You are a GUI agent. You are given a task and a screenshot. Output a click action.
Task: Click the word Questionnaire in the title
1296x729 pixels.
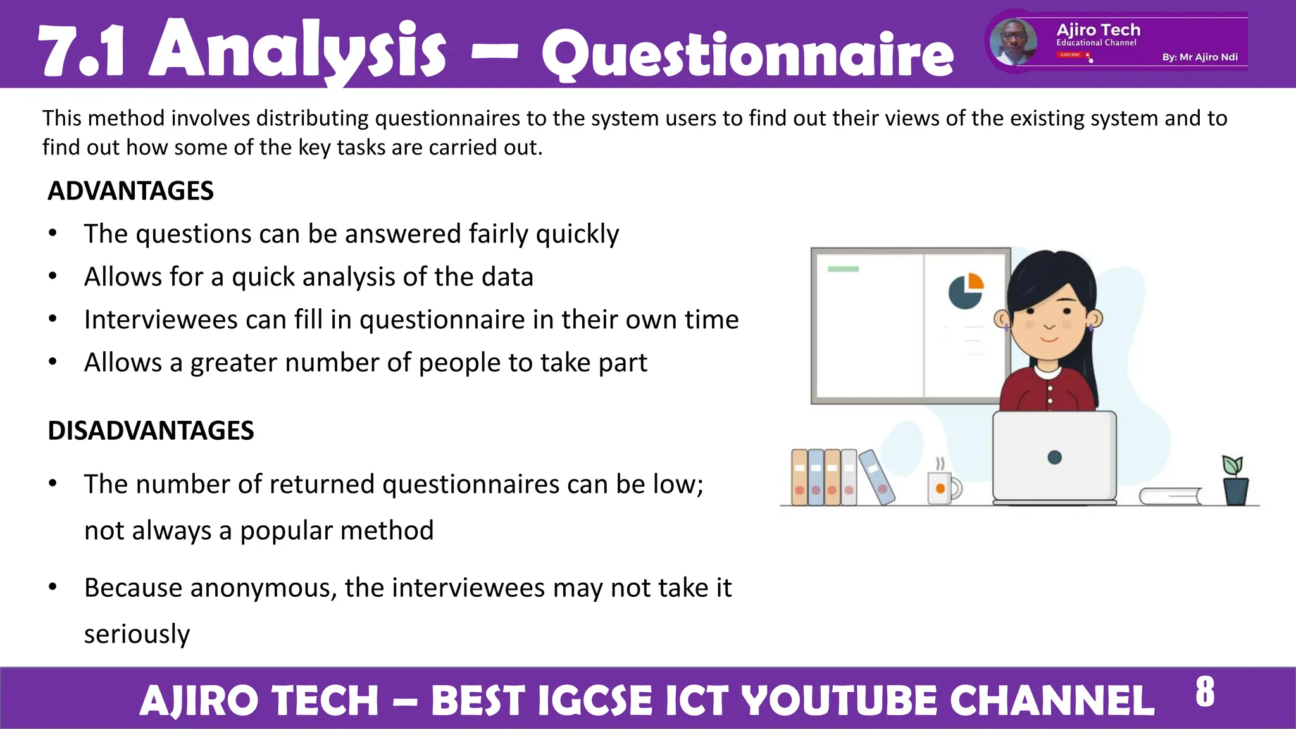tap(747, 56)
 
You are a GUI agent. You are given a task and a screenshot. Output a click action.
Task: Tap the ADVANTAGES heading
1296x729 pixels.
tap(130, 191)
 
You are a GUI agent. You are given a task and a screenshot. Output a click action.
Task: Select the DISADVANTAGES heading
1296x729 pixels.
tap(151, 431)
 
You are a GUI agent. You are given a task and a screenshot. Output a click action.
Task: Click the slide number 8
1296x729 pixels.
tap(1205, 692)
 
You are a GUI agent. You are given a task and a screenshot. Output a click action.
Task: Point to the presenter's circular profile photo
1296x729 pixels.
tap(1013, 42)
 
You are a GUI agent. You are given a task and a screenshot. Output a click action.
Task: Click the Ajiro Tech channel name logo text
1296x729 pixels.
tap(1098, 30)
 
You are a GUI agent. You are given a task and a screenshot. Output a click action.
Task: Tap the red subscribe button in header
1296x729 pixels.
tap(1070, 55)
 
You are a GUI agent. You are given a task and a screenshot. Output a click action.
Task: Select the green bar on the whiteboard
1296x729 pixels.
tap(843, 269)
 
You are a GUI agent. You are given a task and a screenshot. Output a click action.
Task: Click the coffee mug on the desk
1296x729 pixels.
tap(942, 487)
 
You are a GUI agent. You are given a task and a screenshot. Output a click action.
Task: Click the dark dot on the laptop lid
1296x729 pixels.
tap(1054, 458)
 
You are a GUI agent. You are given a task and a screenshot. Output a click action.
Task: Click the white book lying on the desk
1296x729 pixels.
tap(1171, 496)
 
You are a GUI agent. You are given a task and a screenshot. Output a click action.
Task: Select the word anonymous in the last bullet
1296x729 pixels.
tap(263, 588)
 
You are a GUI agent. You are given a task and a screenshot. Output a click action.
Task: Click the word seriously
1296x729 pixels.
tap(137, 634)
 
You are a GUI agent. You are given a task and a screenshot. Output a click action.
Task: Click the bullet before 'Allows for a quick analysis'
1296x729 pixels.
tap(53, 277)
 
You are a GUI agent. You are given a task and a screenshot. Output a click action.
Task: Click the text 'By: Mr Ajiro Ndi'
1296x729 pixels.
tap(1200, 57)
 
